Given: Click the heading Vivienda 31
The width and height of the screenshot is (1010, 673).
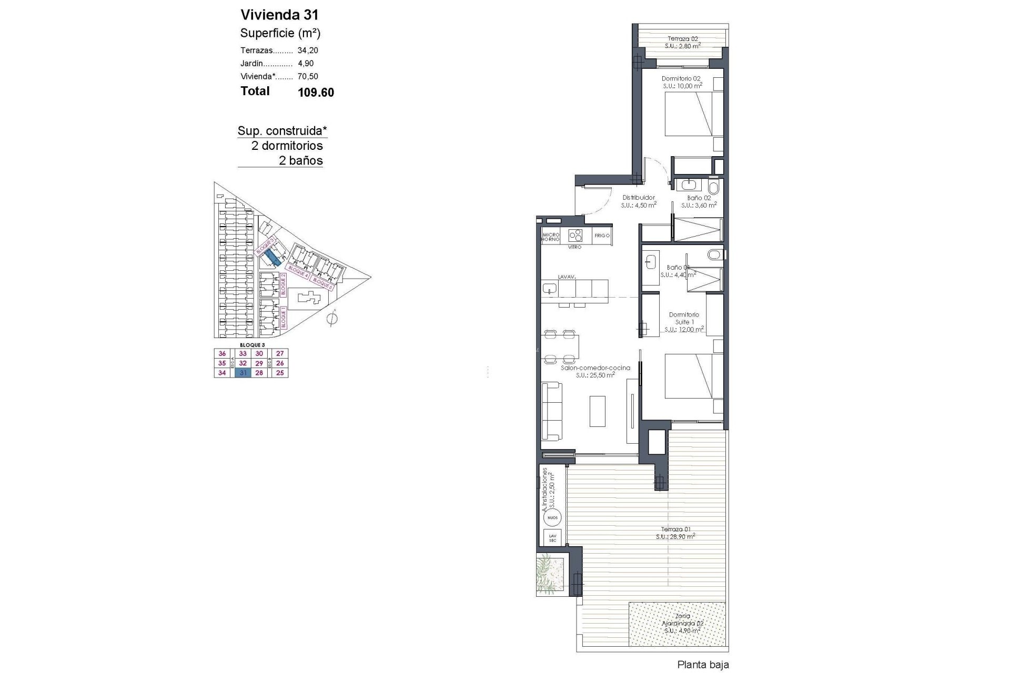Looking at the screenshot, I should [x=279, y=14].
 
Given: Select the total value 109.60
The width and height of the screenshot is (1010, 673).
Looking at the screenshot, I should [x=316, y=93].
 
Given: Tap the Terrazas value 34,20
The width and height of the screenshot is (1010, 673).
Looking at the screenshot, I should [x=308, y=50].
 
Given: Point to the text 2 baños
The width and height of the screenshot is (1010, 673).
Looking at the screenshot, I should [x=300, y=160].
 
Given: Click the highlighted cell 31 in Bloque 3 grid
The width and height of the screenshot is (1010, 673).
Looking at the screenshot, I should [x=243, y=373].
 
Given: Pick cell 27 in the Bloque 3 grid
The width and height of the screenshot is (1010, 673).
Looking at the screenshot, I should [x=280, y=354].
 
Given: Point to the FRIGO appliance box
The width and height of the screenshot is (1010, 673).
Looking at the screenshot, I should [x=602, y=236].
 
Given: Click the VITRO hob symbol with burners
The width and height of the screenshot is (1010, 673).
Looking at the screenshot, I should [x=575, y=235].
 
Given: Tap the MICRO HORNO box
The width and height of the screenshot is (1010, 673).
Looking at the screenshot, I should [x=550, y=237].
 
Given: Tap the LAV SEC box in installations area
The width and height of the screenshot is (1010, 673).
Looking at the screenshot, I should [x=552, y=538].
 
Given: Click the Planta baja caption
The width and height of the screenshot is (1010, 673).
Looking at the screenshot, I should [x=703, y=665].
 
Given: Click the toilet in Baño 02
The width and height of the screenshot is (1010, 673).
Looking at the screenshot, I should [x=714, y=187].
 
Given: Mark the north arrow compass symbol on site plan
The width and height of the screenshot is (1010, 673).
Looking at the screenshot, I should [x=332, y=318].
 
